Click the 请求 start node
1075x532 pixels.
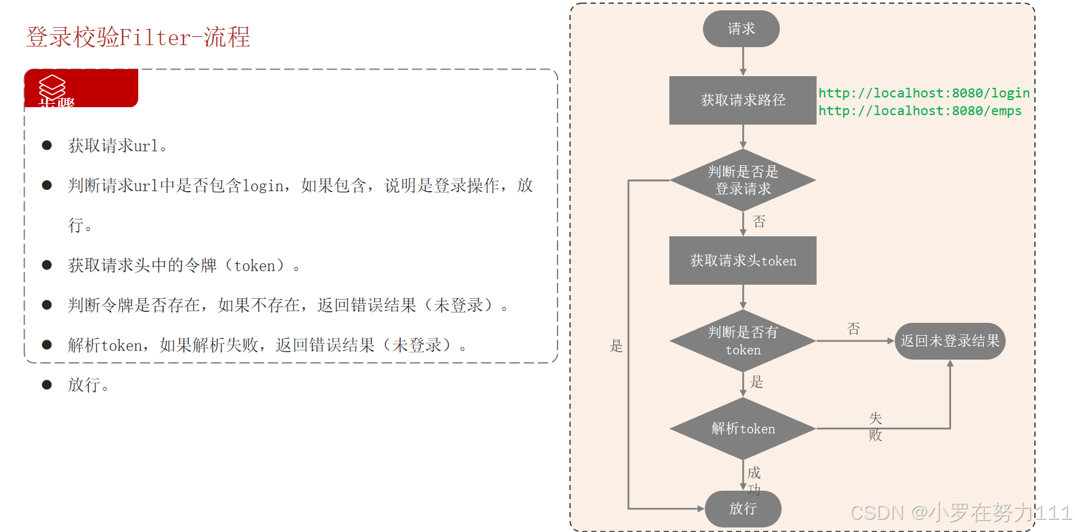(x=741, y=29)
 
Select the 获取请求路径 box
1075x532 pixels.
(x=742, y=100)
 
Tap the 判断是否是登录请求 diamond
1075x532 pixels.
(x=742, y=180)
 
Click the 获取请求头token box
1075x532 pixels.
(x=742, y=260)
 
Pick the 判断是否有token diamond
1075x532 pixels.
(x=742, y=341)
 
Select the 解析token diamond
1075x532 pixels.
(x=742, y=429)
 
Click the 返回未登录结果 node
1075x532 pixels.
(x=949, y=341)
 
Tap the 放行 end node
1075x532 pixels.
(x=742, y=509)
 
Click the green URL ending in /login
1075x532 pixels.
(x=924, y=93)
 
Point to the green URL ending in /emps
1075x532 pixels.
(x=920, y=110)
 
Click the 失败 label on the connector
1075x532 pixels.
(x=875, y=427)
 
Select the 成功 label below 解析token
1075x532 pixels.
(x=754, y=481)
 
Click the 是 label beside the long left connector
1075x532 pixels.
(x=616, y=346)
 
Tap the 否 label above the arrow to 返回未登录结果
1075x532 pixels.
(x=853, y=329)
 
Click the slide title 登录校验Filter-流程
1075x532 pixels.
(x=138, y=37)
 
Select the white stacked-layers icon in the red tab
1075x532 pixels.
(x=52, y=87)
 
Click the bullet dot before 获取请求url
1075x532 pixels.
(x=47, y=145)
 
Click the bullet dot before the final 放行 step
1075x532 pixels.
(x=47, y=385)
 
